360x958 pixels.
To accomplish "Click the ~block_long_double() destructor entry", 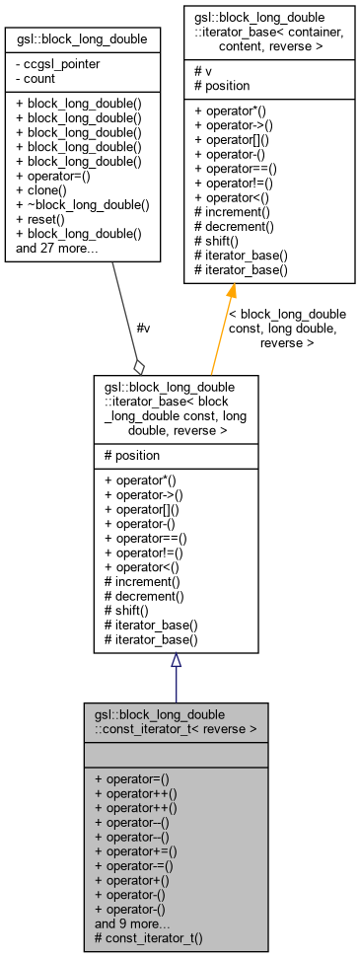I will tap(83, 205).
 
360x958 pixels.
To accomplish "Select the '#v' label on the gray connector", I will tap(143, 327).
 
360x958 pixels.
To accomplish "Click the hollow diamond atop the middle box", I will tap(139, 366).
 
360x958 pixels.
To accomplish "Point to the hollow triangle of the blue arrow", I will tap(176, 661).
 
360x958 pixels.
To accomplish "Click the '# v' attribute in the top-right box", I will tap(202, 71).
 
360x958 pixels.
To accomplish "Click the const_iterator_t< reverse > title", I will tap(176, 720).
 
